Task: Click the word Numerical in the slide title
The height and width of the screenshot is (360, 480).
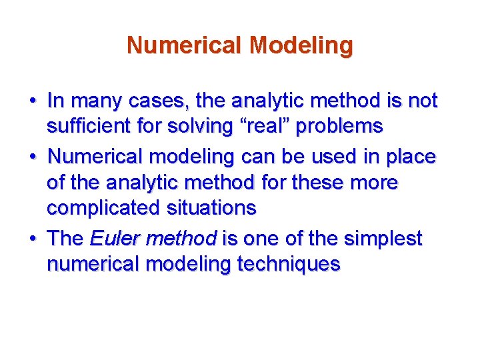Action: (x=185, y=45)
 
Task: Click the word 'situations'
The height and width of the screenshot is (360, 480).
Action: (x=208, y=207)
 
